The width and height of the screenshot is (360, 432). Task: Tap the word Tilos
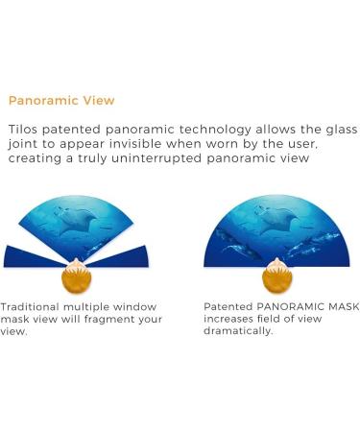(24, 129)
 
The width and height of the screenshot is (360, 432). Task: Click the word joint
(22, 144)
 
